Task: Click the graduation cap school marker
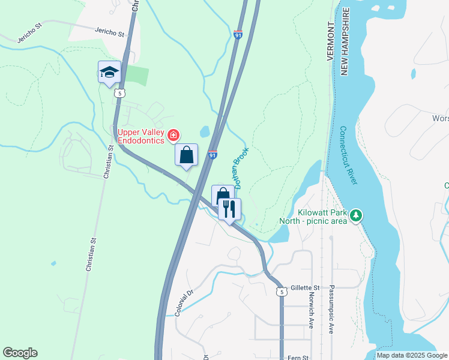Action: pyautogui.click(x=109, y=73)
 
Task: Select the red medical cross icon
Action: pyautogui.click(x=173, y=136)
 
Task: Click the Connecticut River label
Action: pyautogui.click(x=349, y=155)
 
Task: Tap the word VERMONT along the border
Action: pyautogui.click(x=331, y=43)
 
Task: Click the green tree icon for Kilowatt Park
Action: pyautogui.click(x=356, y=215)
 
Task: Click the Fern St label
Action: pyautogui.click(x=298, y=357)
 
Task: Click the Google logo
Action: pyautogui.click(x=20, y=353)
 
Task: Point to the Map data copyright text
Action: pyautogui.click(x=412, y=355)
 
